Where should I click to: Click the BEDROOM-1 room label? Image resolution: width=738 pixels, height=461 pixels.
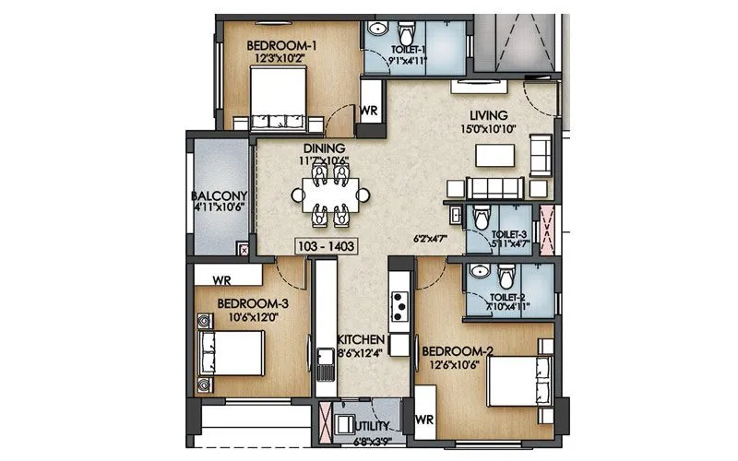point(281,43)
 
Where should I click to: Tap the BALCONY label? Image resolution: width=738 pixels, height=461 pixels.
point(219,195)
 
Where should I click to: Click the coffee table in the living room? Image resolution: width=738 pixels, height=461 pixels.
point(493,155)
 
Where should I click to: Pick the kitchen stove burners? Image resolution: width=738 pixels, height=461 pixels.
point(400,301)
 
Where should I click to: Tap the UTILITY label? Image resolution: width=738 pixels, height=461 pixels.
point(373,426)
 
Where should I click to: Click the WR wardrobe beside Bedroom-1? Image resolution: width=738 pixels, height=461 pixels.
point(370,109)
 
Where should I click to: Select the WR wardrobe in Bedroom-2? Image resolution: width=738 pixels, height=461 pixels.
point(424,420)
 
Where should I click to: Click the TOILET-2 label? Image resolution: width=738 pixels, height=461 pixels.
point(508,297)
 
